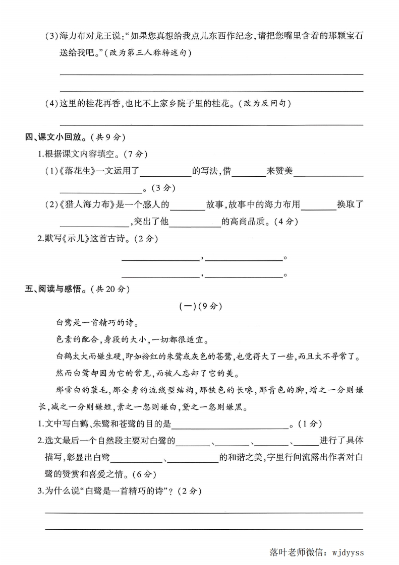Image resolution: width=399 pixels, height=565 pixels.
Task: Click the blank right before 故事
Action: (x=187, y=206)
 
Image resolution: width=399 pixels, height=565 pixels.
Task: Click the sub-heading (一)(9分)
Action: (x=200, y=306)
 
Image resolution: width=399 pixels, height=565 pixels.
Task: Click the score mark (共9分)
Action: (x=108, y=137)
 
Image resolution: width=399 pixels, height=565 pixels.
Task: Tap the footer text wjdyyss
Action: (x=347, y=552)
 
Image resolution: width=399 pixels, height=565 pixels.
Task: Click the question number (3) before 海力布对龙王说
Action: (x=52, y=37)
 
